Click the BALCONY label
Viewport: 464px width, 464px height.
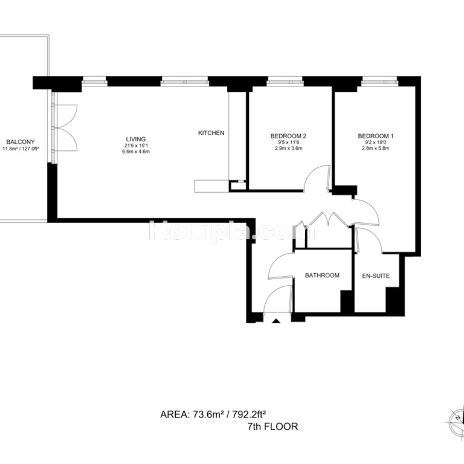pos(21,142)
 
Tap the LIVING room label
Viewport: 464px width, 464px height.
pos(136,139)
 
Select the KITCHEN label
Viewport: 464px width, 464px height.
pos(211,133)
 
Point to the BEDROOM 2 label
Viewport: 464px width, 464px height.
pos(288,136)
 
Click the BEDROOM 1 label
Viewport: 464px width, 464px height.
pos(376,136)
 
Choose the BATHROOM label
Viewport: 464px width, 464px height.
pos(322,275)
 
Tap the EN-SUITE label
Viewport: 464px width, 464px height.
pos(376,275)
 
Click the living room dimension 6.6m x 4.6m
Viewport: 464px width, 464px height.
pos(136,152)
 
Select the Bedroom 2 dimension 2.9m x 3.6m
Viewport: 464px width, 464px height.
pos(289,148)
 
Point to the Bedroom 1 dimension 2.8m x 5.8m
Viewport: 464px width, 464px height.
pos(376,148)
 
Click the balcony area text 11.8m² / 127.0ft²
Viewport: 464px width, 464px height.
pos(21,149)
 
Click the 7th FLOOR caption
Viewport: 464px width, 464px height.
pos(272,427)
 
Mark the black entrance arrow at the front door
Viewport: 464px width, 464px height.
pos(276,320)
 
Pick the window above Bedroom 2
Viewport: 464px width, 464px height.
pos(285,82)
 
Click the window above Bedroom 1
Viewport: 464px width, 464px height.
pos(379,82)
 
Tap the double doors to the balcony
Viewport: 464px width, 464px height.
pos(65,128)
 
